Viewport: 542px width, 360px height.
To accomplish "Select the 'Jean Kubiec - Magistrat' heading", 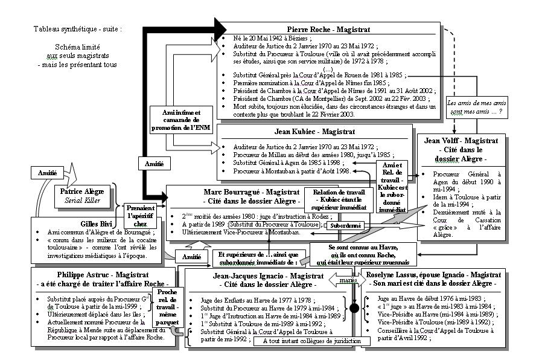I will (x=313, y=131).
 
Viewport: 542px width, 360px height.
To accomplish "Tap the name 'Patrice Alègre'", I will (x=82, y=191).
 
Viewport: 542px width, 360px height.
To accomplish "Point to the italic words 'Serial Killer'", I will (x=81, y=201).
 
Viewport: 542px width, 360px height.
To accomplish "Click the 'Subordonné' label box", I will (x=345, y=226).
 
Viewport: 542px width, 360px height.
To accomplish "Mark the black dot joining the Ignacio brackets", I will (x=355, y=309).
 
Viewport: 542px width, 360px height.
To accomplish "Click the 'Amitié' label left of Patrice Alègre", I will (x=47, y=173).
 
